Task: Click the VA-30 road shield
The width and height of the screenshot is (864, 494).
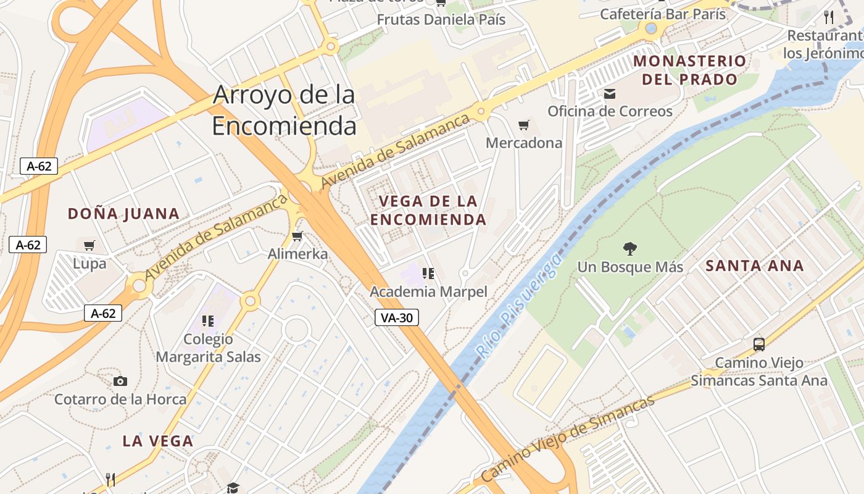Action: point(397,318)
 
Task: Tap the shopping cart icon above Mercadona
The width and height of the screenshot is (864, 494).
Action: point(524,125)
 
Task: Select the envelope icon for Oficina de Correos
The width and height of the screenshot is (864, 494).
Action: point(610,94)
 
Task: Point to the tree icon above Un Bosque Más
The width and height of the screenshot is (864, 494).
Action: point(629,249)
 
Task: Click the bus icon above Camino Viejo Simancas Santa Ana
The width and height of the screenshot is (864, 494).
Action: point(759,345)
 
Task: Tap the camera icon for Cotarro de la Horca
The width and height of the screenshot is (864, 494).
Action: point(120,381)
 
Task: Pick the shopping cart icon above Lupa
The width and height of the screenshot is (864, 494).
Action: point(89,245)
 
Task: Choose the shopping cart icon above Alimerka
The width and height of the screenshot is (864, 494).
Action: point(297,236)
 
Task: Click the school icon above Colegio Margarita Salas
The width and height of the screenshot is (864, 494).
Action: point(208,320)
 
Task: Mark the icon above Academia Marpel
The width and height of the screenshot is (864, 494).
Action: point(428,273)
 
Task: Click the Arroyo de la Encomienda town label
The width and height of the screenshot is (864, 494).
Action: point(284,111)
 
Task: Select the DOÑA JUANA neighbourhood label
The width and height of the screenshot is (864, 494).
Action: point(123,214)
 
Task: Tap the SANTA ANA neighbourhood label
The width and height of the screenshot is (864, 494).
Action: point(754,266)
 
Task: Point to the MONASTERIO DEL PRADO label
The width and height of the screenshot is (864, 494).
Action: point(689,70)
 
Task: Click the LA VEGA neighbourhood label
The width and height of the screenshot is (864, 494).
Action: point(158,442)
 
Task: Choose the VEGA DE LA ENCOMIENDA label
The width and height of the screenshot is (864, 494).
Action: point(428,210)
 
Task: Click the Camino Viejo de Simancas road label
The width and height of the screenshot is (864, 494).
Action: point(567,438)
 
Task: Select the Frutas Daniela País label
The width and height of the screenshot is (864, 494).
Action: point(441,20)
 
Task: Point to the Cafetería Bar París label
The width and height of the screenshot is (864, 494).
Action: point(663,14)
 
